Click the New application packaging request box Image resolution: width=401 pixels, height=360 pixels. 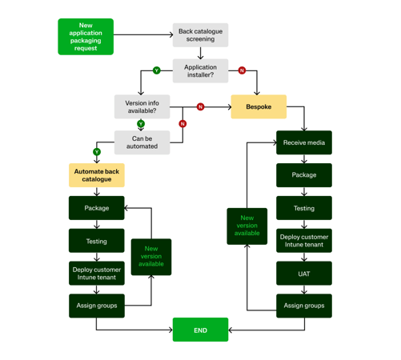[x=86, y=37]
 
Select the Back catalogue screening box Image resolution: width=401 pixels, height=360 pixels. [x=200, y=35]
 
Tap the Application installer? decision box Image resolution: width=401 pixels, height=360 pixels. [x=200, y=71]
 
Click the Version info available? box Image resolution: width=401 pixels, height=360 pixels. [x=142, y=106]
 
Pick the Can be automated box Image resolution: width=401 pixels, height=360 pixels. [x=142, y=142]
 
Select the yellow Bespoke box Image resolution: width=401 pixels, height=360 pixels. [x=259, y=106]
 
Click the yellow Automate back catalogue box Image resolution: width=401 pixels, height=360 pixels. [x=97, y=175]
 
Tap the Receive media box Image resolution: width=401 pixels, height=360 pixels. [x=304, y=143]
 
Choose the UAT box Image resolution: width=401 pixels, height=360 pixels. [x=304, y=274]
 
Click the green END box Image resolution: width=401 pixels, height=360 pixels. [x=200, y=330]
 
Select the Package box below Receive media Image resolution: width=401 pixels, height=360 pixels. [x=304, y=175]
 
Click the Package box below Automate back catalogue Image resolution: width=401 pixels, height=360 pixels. [x=97, y=208]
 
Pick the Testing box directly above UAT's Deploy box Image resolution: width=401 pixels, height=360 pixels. [x=304, y=208]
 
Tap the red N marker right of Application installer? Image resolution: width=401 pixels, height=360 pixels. [x=242, y=70]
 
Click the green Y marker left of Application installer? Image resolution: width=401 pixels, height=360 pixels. [x=157, y=70]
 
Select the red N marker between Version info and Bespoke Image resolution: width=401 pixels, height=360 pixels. [x=200, y=106]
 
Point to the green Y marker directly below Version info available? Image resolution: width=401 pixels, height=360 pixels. [x=141, y=124]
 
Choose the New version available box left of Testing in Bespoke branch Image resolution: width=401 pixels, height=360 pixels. [x=247, y=226]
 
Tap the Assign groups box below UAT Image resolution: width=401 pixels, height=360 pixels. [x=304, y=306]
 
